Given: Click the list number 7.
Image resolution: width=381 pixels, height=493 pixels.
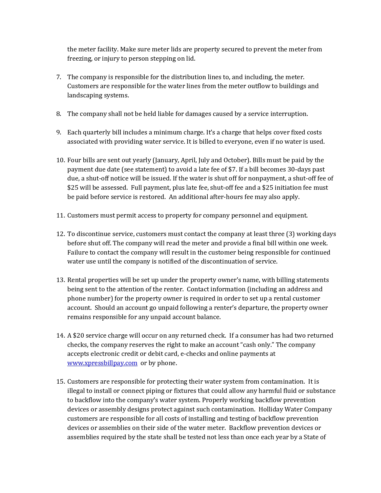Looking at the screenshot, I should coord(59,77).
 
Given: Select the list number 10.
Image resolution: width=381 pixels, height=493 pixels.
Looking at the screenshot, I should coord(60,160).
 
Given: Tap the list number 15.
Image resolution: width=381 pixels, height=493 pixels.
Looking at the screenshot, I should coord(60,382).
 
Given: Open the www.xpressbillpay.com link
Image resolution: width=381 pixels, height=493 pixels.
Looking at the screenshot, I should coord(102,363).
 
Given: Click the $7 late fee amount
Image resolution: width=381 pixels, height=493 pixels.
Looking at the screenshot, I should coord(232,169).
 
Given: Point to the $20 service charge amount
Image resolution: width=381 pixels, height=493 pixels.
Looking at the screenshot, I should coord(78,336).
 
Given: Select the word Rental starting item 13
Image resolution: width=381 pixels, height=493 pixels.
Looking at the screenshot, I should coord(76,280).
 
